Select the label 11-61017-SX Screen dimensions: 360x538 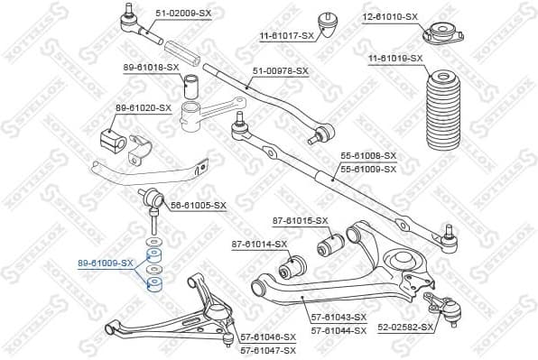pos(287,35)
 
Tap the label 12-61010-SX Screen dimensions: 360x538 pos(388,16)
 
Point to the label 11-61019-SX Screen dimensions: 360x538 pos(394,59)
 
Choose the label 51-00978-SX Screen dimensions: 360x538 pos(280,70)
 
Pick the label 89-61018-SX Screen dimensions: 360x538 pos(151,68)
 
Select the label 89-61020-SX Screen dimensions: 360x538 pos(142,107)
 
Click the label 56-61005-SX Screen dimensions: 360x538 pos(199,205)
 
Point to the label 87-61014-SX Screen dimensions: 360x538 pos(259,244)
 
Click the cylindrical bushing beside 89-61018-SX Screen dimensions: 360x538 pos(191,88)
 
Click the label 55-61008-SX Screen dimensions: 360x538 pos(367,155)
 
